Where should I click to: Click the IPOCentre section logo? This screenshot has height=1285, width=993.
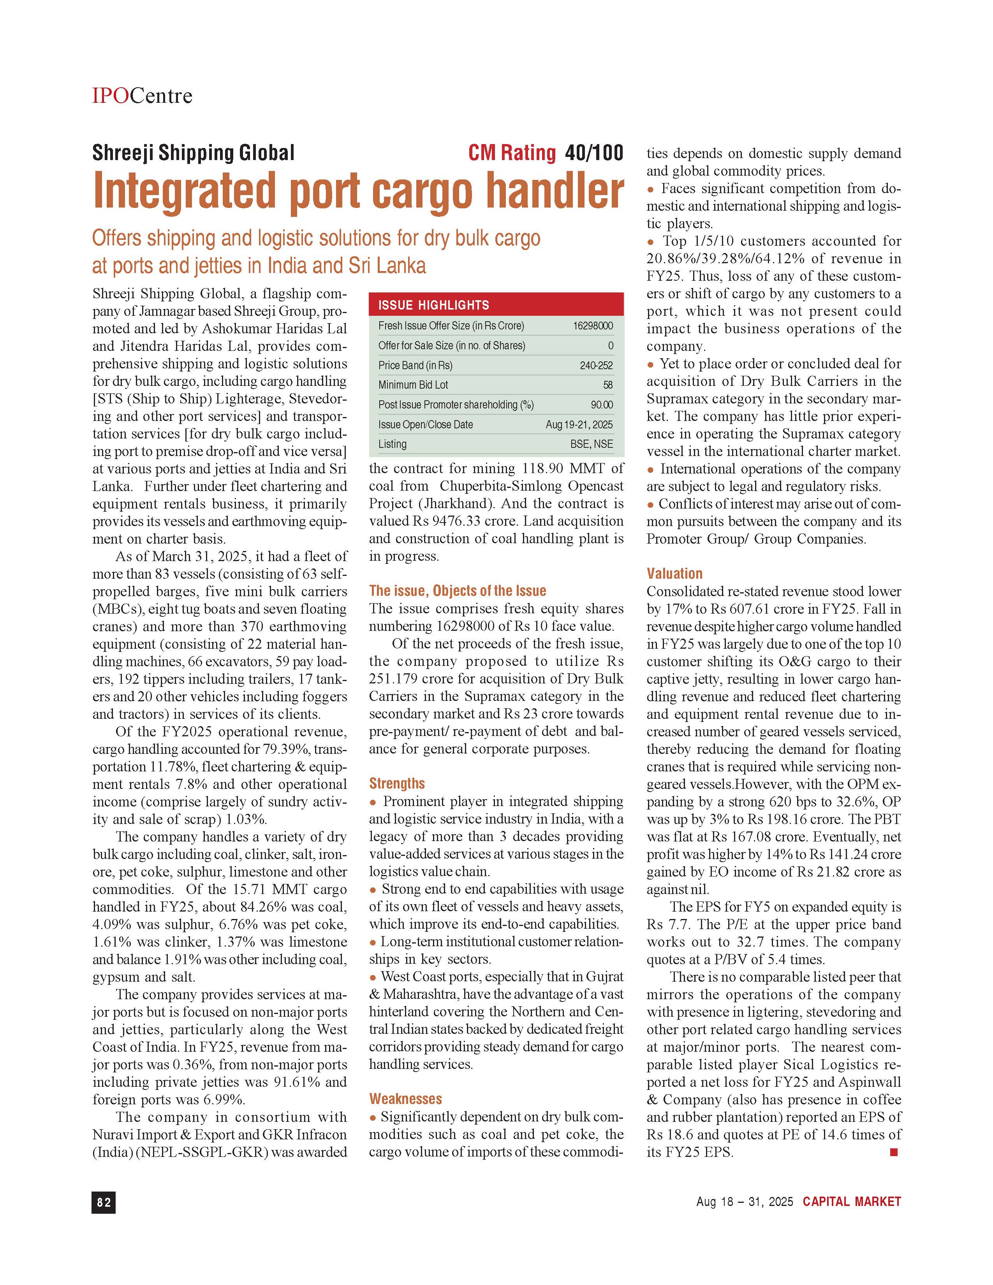pyautogui.click(x=142, y=95)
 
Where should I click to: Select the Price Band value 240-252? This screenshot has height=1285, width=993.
pyautogui.click(x=596, y=365)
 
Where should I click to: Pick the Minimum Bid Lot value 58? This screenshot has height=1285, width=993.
pyautogui.click(x=608, y=385)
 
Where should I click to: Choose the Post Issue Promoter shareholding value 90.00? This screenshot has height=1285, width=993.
pyautogui.click(x=601, y=405)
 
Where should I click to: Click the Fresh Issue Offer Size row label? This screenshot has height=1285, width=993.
pyautogui.click(x=451, y=326)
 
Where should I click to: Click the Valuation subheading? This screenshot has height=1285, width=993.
pyautogui.click(x=674, y=573)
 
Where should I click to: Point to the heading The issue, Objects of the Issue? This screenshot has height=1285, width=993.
pyautogui.click(x=457, y=591)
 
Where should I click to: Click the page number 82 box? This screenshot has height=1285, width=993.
pyautogui.click(x=104, y=1202)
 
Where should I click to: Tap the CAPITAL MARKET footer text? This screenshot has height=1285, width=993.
pyautogui.click(x=851, y=1201)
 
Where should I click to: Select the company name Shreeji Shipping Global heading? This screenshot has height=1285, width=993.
pyautogui.click(x=193, y=153)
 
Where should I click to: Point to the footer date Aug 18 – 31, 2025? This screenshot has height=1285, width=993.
pyautogui.click(x=744, y=1201)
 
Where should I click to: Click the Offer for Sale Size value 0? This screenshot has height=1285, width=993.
pyautogui.click(x=610, y=346)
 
